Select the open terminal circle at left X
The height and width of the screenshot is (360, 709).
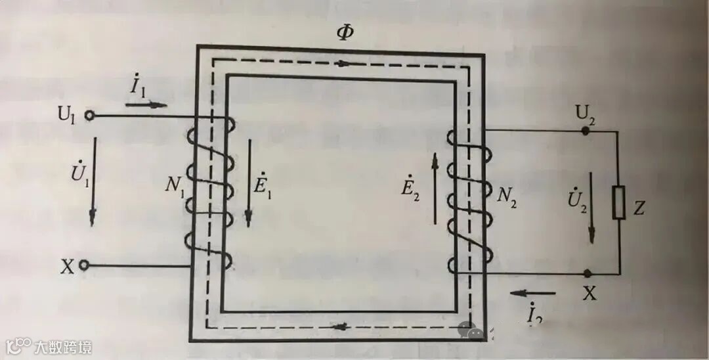[x=84, y=265]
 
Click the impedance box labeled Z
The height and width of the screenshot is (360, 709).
[x=618, y=202]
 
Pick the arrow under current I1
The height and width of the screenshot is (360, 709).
[x=149, y=104]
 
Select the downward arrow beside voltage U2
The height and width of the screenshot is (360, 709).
[x=593, y=207]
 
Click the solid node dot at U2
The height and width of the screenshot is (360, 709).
[x=586, y=131]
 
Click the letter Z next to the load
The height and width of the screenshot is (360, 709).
[x=640, y=208]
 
